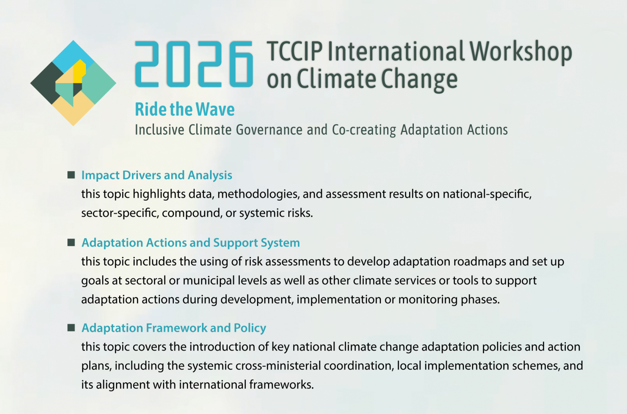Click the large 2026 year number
[194, 64]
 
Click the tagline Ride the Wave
[185, 109]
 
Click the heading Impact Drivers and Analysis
[157, 175]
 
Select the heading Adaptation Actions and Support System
[190, 243]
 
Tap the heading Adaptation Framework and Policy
[174, 328]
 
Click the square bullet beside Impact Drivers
[71, 175]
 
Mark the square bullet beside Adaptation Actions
[71, 242]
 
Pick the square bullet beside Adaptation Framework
[71, 327]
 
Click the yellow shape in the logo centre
[79, 71]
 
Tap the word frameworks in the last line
[282, 385]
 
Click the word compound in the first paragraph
[192, 213]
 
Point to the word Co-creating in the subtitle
[364, 130]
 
